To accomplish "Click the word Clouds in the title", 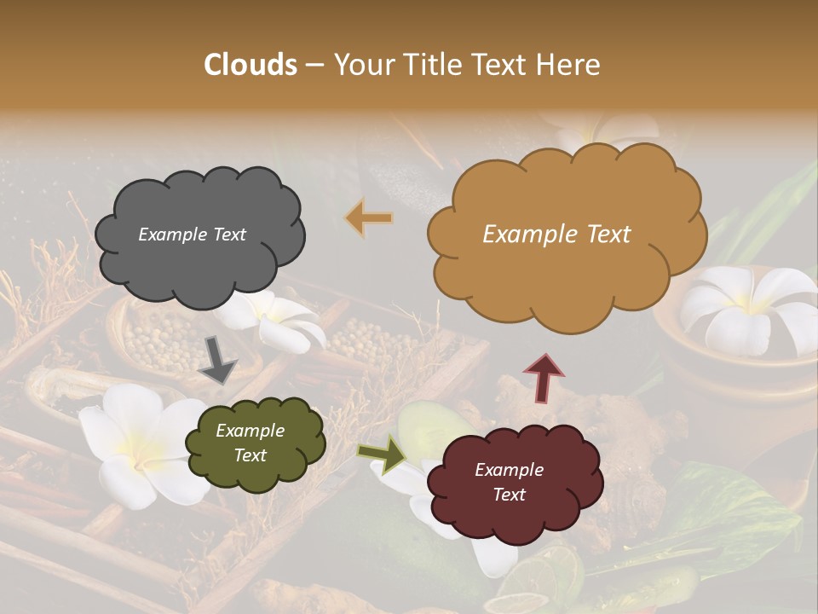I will (251, 65).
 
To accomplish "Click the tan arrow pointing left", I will (369, 218).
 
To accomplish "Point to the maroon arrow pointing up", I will (544, 378).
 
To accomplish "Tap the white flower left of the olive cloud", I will (136, 443).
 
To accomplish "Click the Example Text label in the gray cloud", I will (192, 235).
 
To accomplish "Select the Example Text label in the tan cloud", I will (556, 235).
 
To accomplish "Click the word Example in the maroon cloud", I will (509, 470).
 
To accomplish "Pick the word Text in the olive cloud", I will (251, 455).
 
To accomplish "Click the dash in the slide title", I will (314, 65).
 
